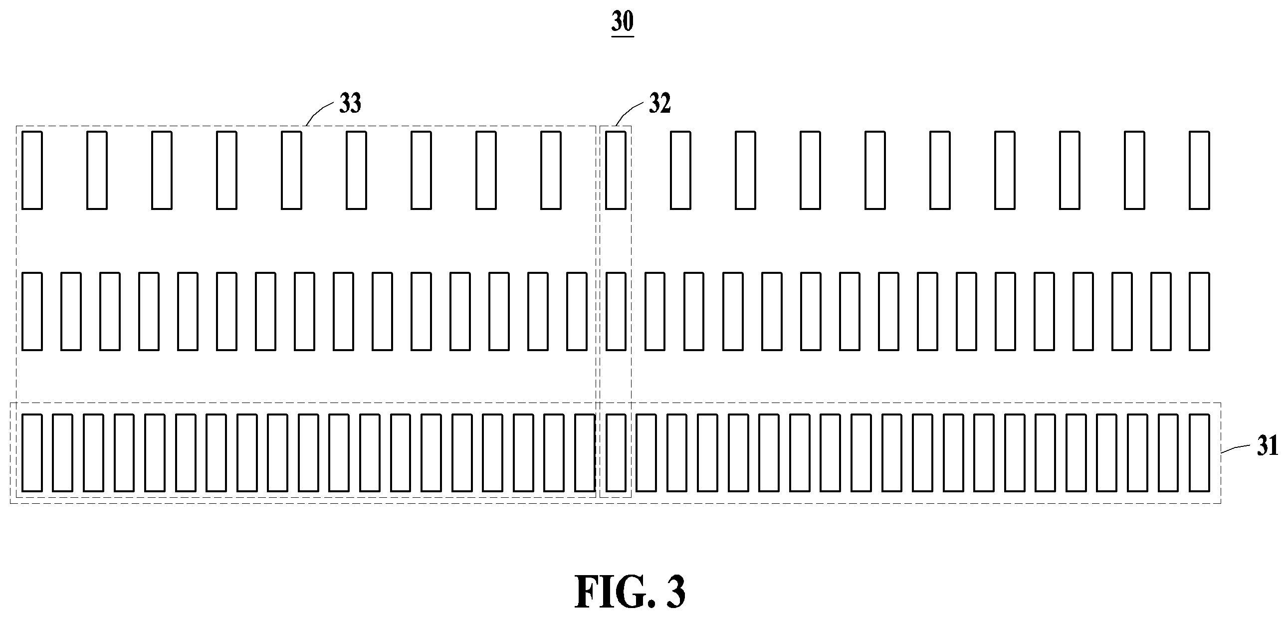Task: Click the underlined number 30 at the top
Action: (x=623, y=23)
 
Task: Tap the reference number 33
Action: (x=350, y=104)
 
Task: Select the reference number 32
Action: (x=659, y=104)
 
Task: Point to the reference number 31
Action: (x=1268, y=446)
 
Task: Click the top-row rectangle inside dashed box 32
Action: (x=616, y=170)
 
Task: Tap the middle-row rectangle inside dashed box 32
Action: (x=616, y=311)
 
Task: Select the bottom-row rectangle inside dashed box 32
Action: (x=616, y=452)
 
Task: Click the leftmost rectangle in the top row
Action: (x=32, y=170)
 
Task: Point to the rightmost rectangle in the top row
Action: (x=1199, y=170)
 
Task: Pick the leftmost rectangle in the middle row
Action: (x=32, y=311)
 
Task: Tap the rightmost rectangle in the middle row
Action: (x=1199, y=311)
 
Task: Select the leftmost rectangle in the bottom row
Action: (x=32, y=452)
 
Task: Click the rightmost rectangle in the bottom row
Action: (x=1199, y=452)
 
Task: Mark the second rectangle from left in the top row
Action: (x=97, y=170)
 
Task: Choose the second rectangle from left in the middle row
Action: (x=71, y=311)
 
